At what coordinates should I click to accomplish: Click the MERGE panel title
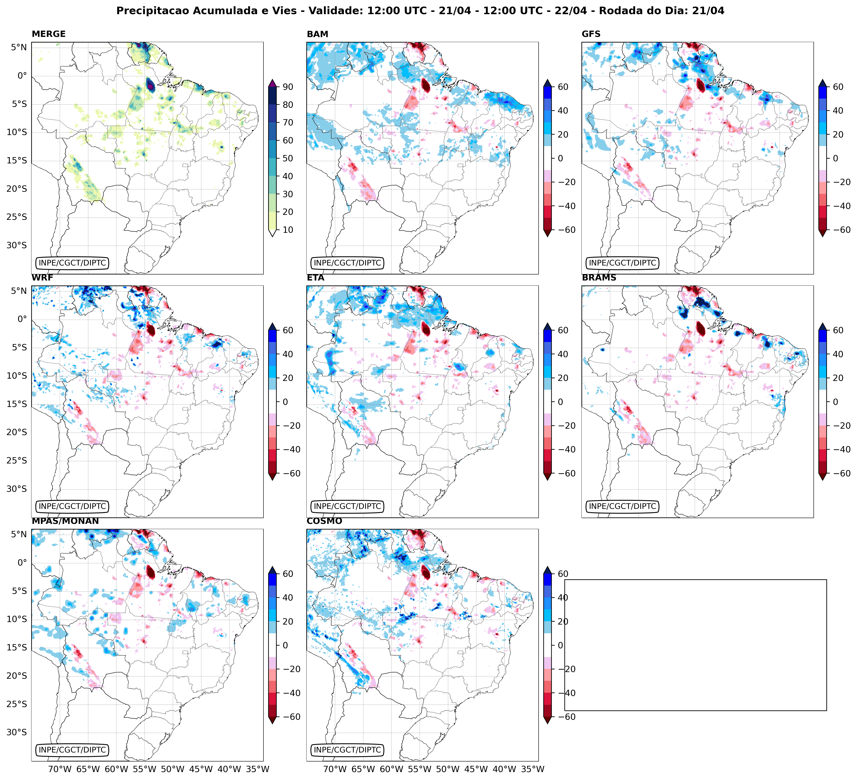click(x=49, y=34)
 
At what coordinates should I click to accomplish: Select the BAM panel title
click(x=317, y=34)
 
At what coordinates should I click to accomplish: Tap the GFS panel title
click(x=591, y=34)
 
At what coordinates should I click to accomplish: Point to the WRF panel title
click(x=42, y=278)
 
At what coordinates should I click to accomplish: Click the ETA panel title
click(x=316, y=278)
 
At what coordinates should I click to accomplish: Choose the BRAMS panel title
click(x=599, y=278)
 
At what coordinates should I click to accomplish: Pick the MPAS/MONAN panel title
click(x=65, y=521)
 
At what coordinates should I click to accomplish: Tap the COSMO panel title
click(x=324, y=521)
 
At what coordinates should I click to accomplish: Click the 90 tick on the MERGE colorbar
click(x=288, y=87)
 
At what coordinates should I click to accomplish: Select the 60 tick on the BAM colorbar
click(x=563, y=87)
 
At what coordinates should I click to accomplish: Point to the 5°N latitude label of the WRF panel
click(x=19, y=291)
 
